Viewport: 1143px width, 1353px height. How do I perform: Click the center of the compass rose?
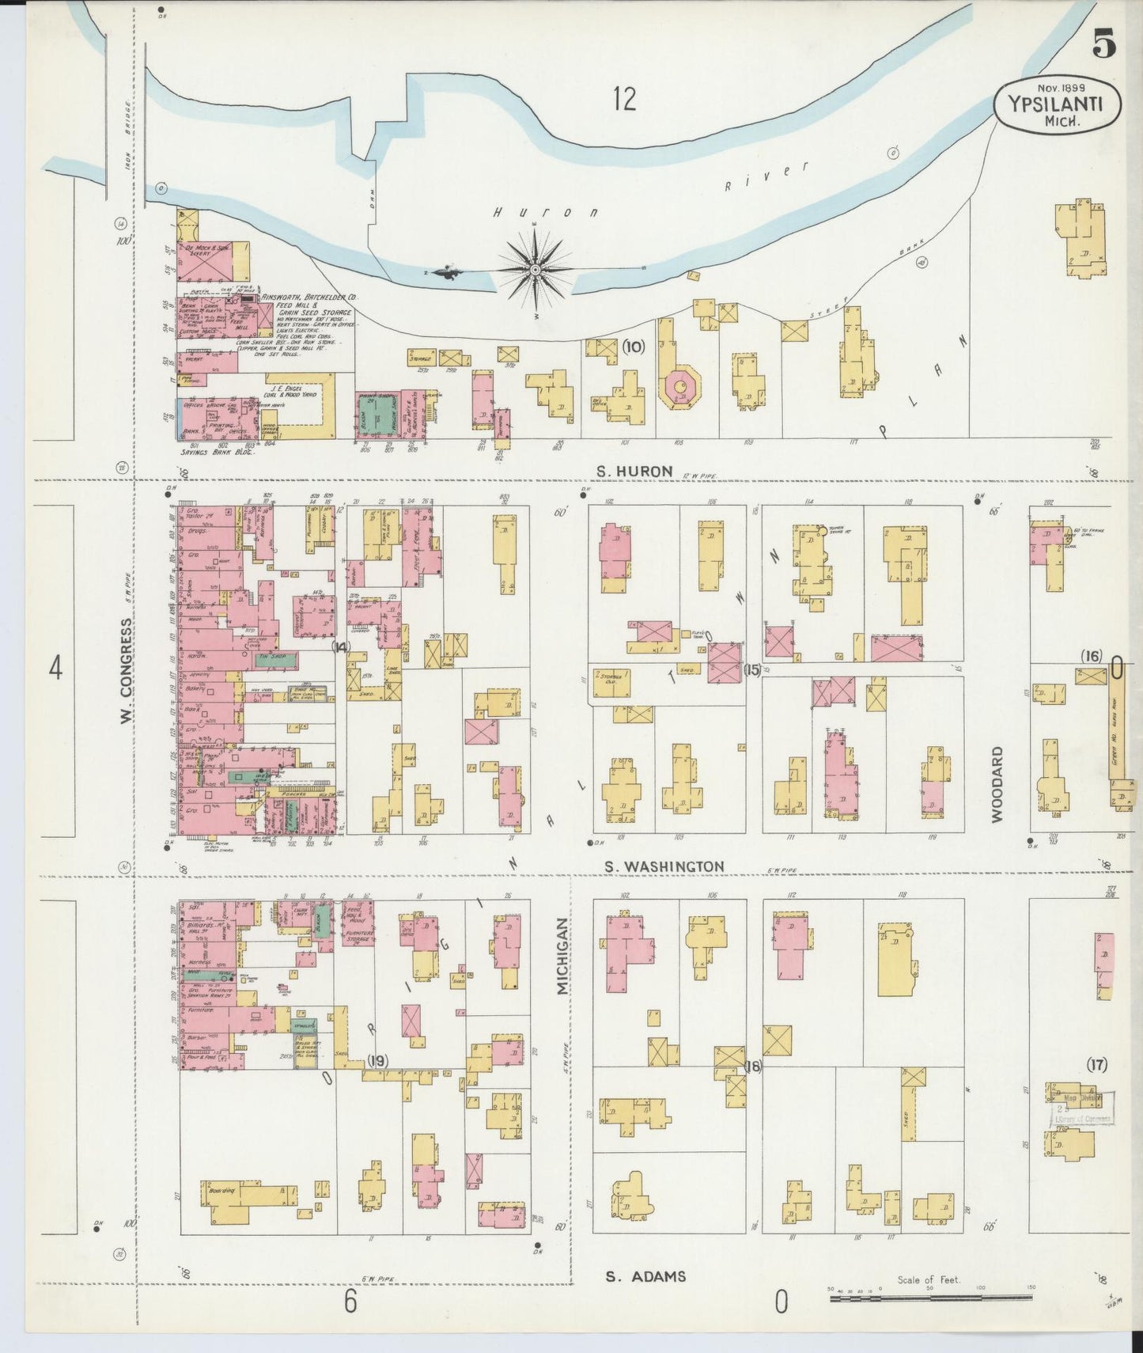click(536, 271)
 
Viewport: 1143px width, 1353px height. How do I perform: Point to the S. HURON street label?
click(634, 471)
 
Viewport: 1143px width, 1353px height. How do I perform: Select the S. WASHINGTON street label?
click(664, 866)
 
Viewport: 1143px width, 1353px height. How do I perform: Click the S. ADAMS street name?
click(645, 1275)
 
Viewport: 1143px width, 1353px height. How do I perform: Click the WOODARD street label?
click(997, 783)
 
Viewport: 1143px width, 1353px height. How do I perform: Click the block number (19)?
click(377, 1061)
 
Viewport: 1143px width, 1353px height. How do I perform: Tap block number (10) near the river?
click(634, 346)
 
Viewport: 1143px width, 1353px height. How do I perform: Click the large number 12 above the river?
click(623, 100)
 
